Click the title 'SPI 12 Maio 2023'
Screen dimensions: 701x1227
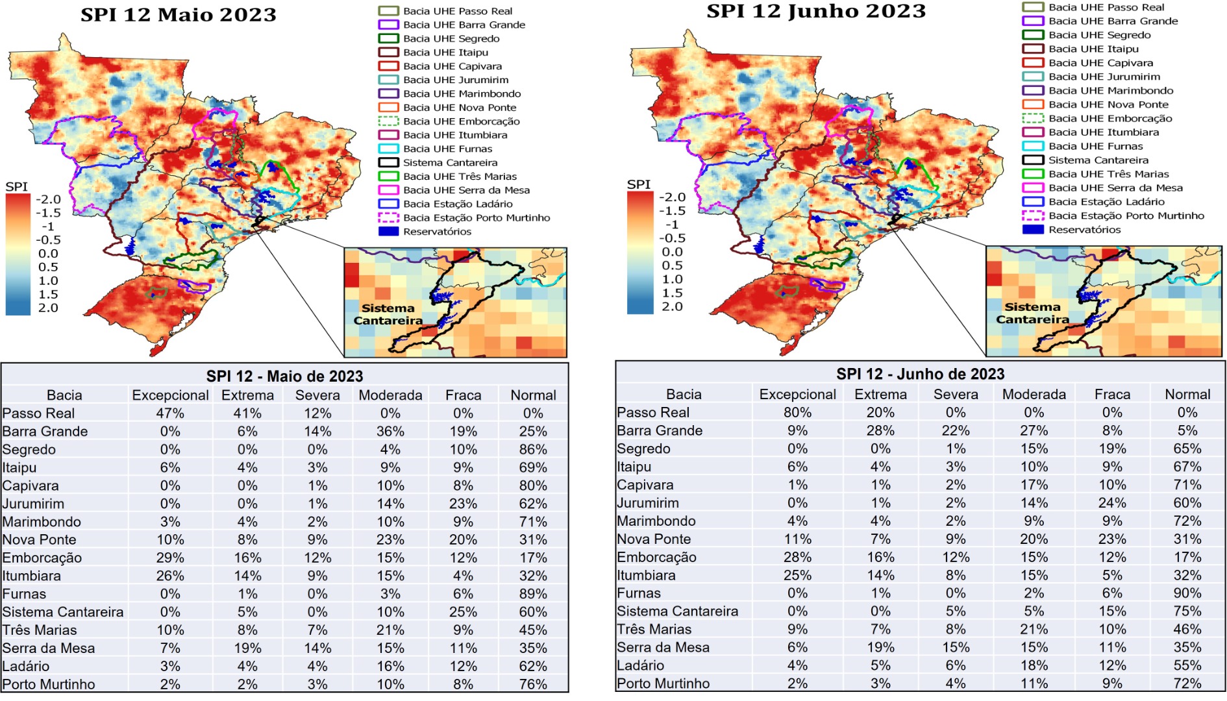pos(179,15)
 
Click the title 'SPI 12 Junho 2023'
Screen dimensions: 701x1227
pos(816,12)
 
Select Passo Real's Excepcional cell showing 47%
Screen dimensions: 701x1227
pos(170,413)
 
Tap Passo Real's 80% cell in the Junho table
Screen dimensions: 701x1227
pos(797,413)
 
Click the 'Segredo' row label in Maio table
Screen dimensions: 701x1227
pos(29,450)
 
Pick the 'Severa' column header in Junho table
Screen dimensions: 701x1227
pos(956,395)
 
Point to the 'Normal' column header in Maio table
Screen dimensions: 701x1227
pos(533,395)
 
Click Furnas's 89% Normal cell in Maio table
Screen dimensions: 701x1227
pos(533,594)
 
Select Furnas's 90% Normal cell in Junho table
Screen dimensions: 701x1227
pos(1187,593)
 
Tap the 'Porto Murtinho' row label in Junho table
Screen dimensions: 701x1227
pos(663,683)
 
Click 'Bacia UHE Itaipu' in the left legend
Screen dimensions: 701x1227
pos(445,53)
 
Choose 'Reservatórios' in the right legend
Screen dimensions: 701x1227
pos(1084,230)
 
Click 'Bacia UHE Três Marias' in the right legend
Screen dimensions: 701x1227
pos(1108,174)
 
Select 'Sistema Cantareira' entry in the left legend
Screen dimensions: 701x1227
pos(450,163)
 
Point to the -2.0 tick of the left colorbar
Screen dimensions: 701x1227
pos(48,199)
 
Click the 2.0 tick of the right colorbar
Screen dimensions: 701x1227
pos(672,306)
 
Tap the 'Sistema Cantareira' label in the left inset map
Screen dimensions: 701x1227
pos(388,314)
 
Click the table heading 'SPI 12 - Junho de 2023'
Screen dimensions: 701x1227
pos(920,375)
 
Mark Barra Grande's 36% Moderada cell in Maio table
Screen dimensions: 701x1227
pos(390,432)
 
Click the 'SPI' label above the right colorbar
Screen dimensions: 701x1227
pos(639,184)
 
